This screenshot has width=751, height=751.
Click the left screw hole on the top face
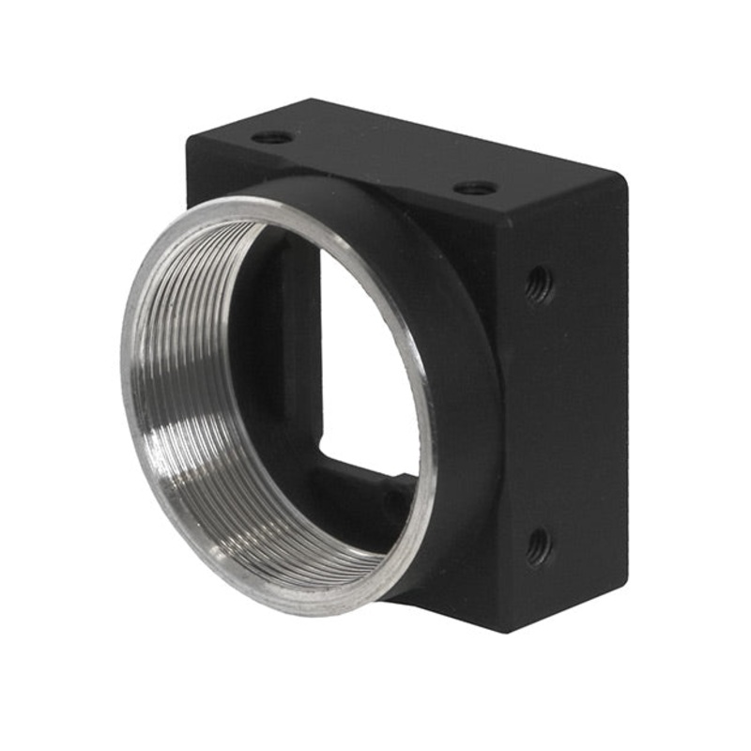(272, 137)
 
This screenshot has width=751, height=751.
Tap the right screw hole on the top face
(476, 188)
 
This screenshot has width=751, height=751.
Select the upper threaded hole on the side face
(539, 284)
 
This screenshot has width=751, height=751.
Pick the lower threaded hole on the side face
(539, 545)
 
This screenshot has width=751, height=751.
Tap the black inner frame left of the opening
(299, 357)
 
